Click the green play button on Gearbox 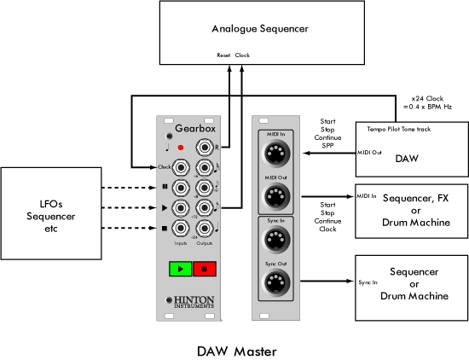click(x=181, y=270)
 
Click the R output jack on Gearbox click(x=205, y=147)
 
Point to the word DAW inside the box click(x=406, y=158)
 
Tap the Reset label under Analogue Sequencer click(x=224, y=55)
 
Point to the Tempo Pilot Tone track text click(x=399, y=129)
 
